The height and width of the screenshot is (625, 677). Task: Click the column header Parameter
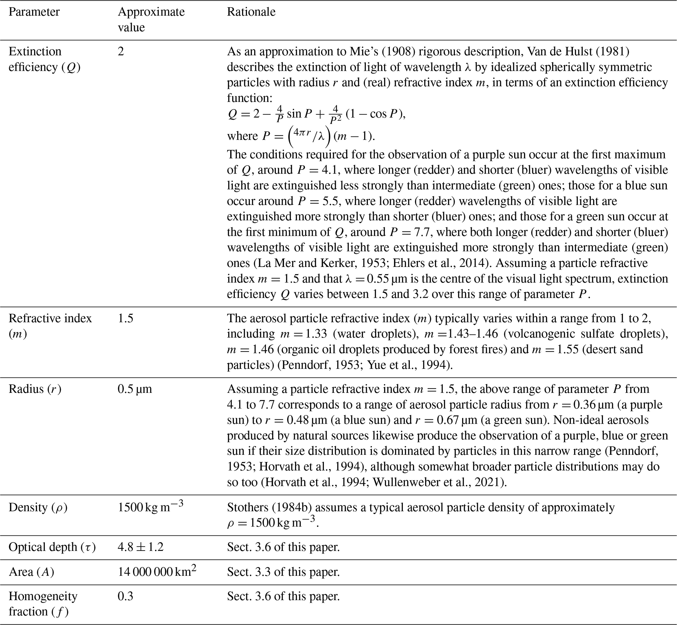[x=34, y=12]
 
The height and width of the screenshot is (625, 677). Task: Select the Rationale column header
[x=251, y=12]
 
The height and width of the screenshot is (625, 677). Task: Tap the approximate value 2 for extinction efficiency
[x=121, y=51]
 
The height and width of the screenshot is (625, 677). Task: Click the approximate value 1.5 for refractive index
[x=125, y=318]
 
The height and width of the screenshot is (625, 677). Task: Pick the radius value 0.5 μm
[x=135, y=389]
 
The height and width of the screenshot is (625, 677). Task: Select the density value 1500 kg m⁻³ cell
[x=150, y=507]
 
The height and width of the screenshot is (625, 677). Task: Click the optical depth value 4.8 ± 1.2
[x=141, y=547]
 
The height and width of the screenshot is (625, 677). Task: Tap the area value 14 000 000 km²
[x=157, y=572]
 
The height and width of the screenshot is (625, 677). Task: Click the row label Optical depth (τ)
[x=52, y=547]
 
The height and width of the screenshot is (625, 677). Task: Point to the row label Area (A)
[x=31, y=572]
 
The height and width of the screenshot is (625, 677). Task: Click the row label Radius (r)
[x=35, y=389]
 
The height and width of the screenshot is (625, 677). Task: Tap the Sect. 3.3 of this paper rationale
[x=283, y=572]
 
